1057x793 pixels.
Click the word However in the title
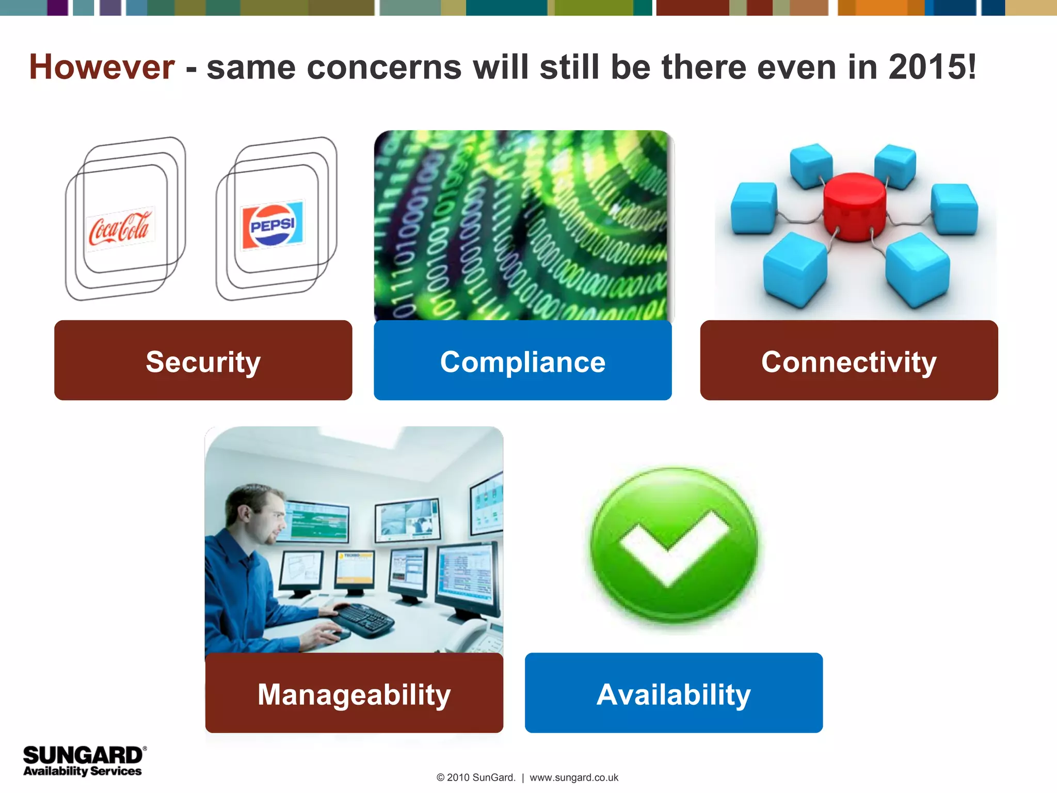(x=102, y=68)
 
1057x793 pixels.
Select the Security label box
(x=203, y=361)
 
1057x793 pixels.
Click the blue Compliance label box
(x=522, y=361)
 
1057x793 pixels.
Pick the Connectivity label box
(x=848, y=361)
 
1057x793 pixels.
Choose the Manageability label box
(x=354, y=693)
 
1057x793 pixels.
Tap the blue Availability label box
(x=674, y=693)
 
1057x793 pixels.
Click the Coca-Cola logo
(x=120, y=228)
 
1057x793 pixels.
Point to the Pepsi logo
(x=273, y=225)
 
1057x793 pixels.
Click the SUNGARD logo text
(x=83, y=755)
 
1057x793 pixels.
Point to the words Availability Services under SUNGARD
(x=83, y=771)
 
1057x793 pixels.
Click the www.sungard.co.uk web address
(x=574, y=778)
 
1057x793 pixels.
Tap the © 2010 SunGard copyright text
(x=476, y=778)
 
